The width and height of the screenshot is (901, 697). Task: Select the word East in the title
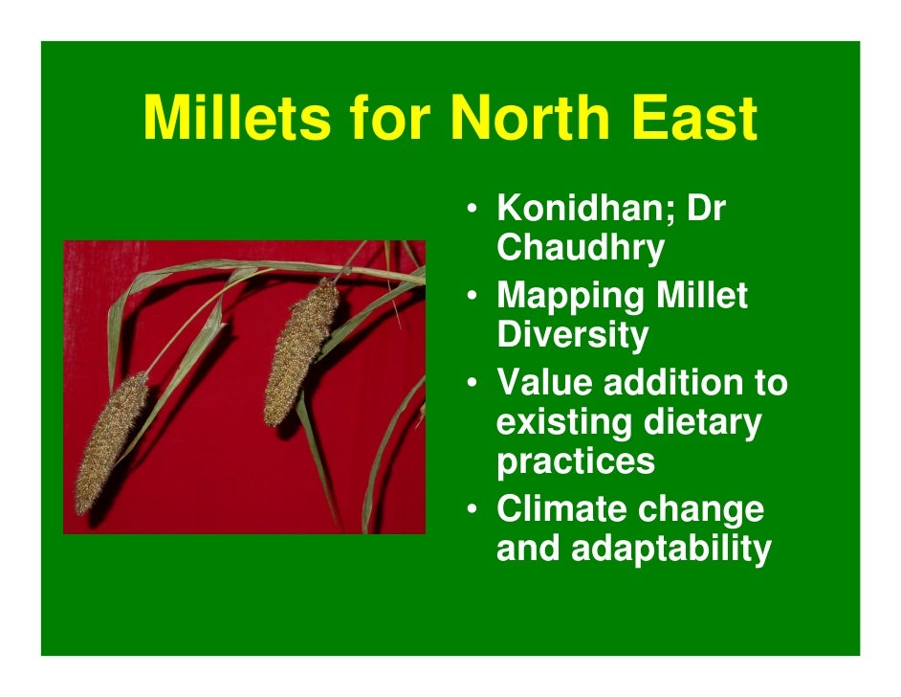point(694,120)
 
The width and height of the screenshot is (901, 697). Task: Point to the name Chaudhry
point(581,248)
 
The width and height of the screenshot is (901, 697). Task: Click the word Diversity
point(572,335)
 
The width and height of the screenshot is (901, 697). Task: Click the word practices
point(576,461)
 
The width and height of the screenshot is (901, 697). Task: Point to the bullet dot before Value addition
point(473,383)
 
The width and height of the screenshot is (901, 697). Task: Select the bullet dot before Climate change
point(473,508)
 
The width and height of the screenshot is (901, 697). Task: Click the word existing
point(561,421)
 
